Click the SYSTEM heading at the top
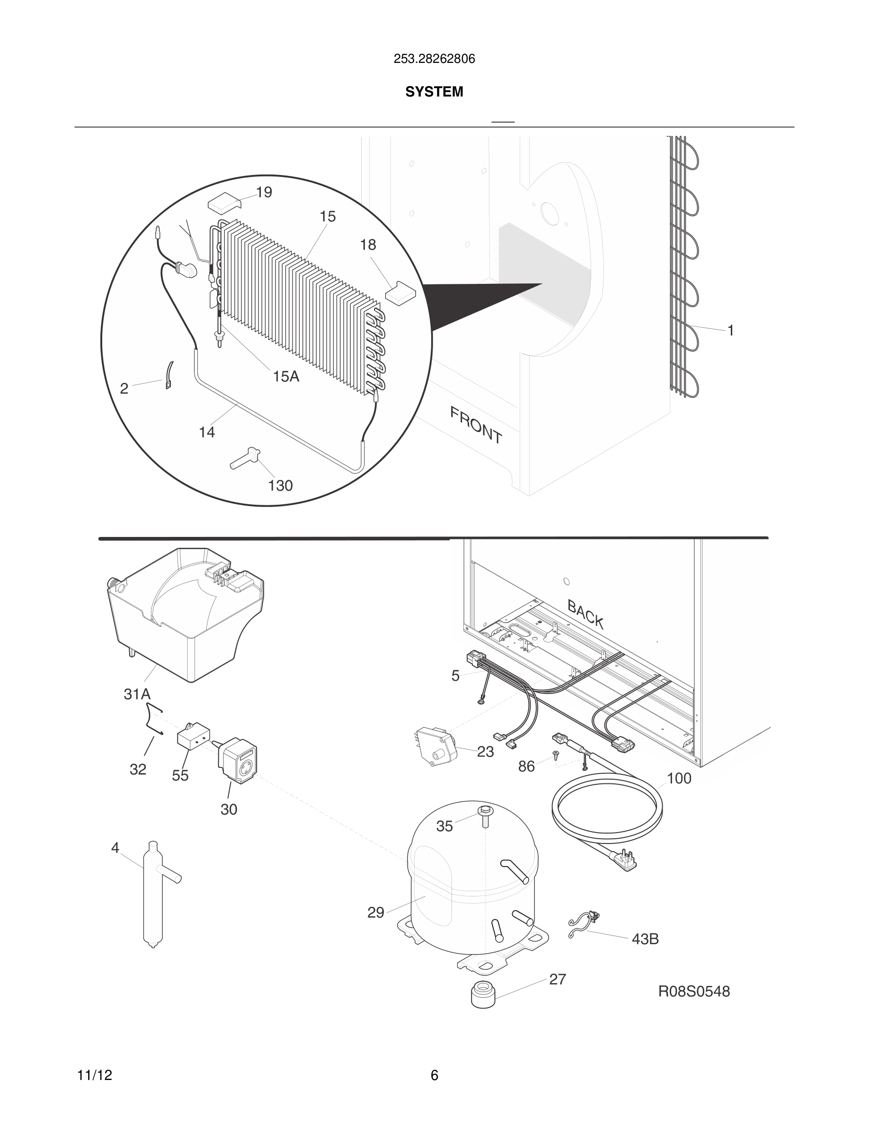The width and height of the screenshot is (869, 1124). tap(434, 92)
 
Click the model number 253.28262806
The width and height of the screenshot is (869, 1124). tap(434, 59)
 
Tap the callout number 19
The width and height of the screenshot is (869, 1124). tap(264, 193)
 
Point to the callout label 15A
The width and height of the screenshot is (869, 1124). tap(286, 377)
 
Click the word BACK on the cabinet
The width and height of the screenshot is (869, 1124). tap(585, 614)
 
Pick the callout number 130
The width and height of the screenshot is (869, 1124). tap(280, 485)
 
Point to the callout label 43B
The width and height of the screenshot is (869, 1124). tap(645, 939)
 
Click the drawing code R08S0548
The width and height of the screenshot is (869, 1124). tap(694, 992)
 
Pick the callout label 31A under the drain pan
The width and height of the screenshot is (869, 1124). tap(137, 694)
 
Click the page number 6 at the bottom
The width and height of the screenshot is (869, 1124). tap(434, 1075)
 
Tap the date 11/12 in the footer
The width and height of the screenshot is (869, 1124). tap(95, 1075)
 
